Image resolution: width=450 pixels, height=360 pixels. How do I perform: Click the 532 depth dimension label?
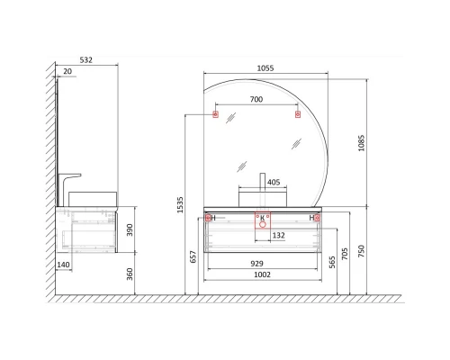[85, 60]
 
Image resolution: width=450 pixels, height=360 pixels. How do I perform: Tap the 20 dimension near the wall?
[67, 71]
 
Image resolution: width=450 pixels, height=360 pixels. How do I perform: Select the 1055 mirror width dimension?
[265, 68]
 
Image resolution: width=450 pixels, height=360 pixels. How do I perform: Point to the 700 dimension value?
[256, 99]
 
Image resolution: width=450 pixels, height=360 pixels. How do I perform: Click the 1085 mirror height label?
[362, 143]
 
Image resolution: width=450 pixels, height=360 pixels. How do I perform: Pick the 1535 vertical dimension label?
[180, 205]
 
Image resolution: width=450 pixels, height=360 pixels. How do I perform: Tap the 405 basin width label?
[274, 182]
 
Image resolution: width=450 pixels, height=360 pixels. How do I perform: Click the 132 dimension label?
[278, 235]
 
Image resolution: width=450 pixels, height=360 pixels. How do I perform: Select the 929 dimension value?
[256, 264]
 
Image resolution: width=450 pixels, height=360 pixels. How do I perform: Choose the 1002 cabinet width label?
[262, 274]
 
